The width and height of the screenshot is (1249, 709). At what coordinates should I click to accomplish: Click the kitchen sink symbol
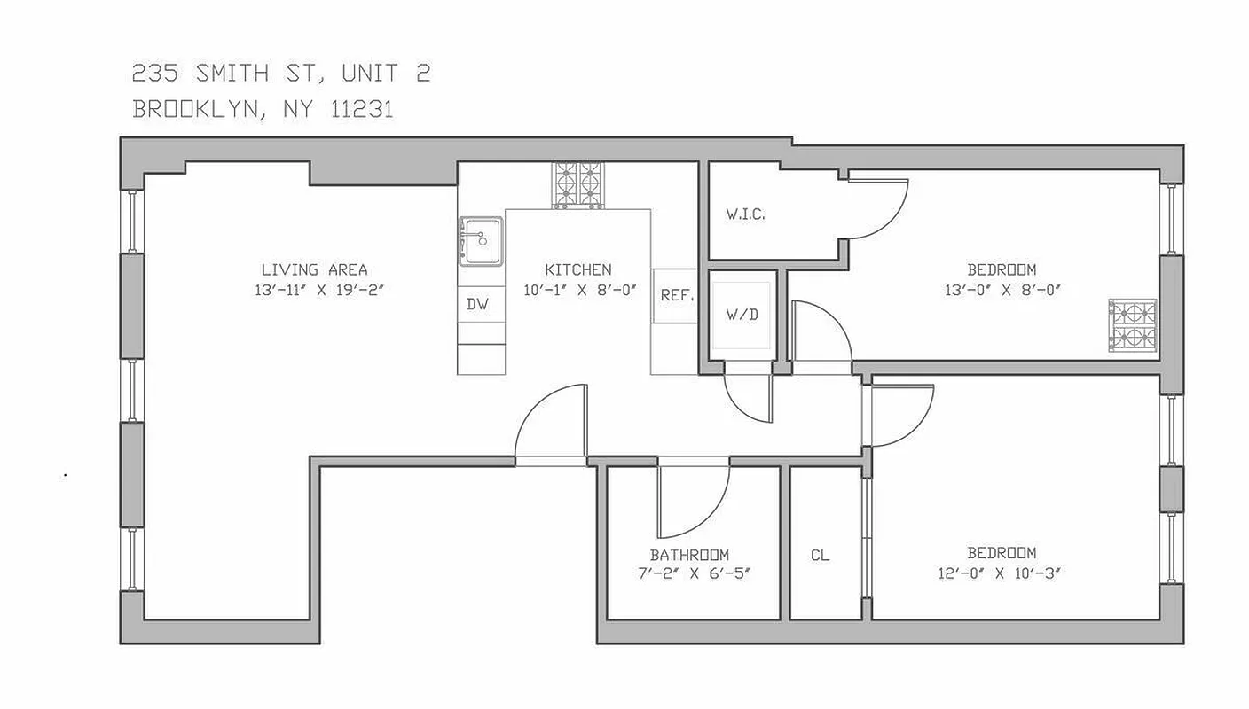(x=480, y=240)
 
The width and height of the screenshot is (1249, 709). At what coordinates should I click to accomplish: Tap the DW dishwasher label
(x=477, y=304)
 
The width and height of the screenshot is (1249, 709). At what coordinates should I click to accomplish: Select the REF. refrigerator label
(x=676, y=295)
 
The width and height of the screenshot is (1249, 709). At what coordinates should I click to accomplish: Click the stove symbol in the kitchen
(x=577, y=184)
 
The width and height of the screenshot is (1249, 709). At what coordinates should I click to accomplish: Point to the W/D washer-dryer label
(x=742, y=315)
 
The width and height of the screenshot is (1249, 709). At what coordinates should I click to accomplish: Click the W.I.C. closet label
(x=745, y=214)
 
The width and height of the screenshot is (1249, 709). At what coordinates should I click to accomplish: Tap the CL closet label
(x=820, y=556)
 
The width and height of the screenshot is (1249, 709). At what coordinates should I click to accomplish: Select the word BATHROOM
(x=689, y=555)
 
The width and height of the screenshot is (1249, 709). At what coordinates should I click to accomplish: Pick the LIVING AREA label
(x=314, y=269)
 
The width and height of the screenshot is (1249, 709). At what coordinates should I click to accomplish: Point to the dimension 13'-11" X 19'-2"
(x=314, y=288)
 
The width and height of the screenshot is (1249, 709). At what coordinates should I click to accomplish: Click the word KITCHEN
(x=577, y=269)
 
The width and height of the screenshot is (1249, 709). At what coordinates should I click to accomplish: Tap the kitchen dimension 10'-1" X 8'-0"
(x=578, y=288)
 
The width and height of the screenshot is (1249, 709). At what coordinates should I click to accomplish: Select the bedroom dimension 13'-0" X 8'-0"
(x=1002, y=288)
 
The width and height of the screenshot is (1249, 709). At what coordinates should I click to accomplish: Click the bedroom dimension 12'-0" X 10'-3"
(x=1002, y=572)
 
